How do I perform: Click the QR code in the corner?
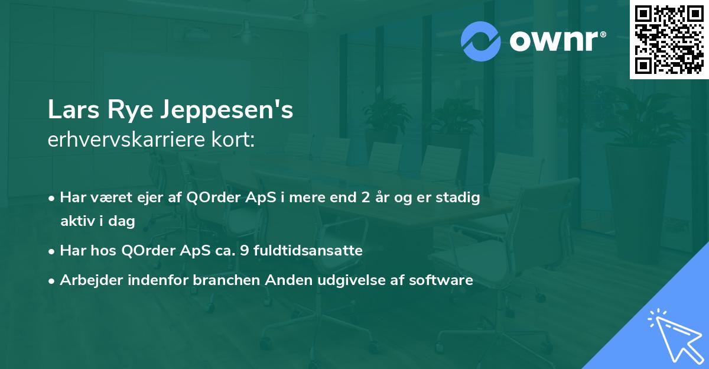669,39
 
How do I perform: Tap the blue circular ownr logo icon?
481,41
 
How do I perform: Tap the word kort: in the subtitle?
235,140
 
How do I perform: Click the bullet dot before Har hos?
53,251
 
